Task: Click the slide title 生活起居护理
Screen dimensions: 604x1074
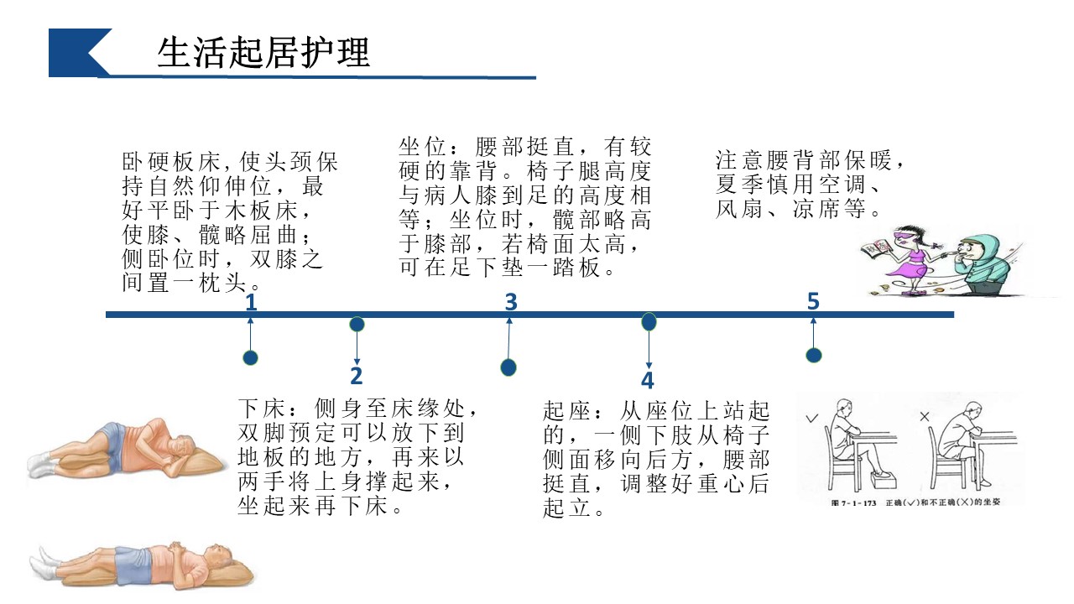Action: (263, 53)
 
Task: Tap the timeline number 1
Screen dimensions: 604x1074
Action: (251, 302)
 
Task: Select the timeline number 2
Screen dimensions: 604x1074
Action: (357, 375)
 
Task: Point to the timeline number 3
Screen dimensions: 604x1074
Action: (511, 302)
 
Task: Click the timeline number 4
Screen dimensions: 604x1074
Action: (647, 380)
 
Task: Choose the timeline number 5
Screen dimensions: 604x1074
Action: (812, 301)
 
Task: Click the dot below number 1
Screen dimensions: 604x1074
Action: (250, 358)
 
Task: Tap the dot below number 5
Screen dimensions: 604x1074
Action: (813, 355)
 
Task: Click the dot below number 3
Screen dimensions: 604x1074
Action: (508, 367)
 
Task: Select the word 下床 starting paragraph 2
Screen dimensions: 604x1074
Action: (258, 410)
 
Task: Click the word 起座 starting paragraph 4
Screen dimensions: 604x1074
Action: (563, 411)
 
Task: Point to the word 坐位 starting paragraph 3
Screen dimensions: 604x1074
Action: (421, 147)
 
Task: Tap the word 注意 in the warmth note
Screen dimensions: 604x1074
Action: (736, 159)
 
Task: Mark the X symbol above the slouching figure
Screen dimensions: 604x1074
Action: (925, 416)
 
